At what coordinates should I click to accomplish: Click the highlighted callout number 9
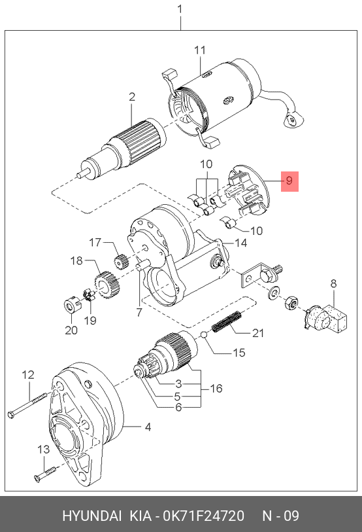[x=289, y=180]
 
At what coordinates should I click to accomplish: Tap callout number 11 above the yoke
[x=200, y=50]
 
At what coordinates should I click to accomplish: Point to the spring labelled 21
[x=227, y=322]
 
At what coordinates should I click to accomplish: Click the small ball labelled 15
[x=204, y=335]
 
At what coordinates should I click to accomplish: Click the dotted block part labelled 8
[x=327, y=317]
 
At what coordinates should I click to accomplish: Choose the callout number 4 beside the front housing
[x=148, y=427]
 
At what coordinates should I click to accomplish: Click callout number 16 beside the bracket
[x=216, y=388]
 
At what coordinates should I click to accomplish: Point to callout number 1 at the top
[x=180, y=9]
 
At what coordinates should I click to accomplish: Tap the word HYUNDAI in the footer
[x=91, y=516]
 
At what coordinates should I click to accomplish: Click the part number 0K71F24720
[x=204, y=516]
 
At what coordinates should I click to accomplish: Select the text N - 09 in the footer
[x=281, y=516]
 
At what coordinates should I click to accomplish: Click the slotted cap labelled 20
[x=72, y=305]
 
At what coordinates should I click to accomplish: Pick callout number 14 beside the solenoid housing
[x=241, y=243]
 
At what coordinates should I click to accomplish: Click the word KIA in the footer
[x=141, y=516]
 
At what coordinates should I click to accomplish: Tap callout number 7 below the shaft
[x=139, y=312]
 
